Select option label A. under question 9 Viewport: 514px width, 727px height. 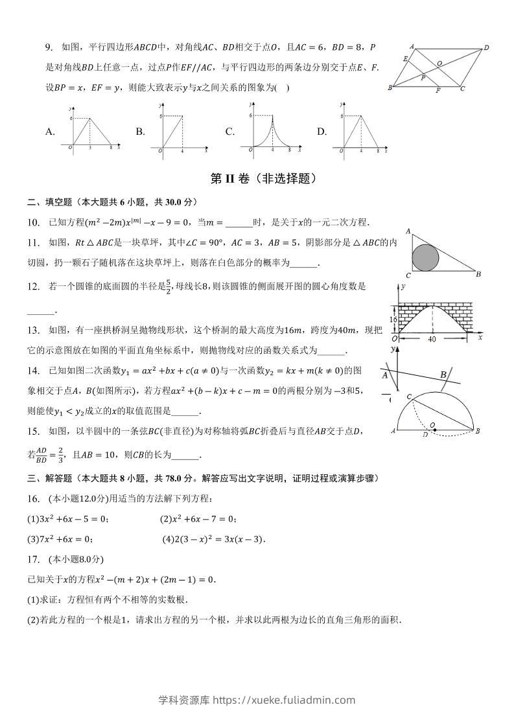point(50,132)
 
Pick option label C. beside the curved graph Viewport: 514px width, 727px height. point(229,132)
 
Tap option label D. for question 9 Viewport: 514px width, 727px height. point(321,132)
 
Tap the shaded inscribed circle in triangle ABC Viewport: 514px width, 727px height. point(425,257)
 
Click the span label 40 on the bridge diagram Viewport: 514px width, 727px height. point(431,338)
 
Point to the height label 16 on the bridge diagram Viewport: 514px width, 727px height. point(393,319)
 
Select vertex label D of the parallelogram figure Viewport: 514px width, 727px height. point(486,47)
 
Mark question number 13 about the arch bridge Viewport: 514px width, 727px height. point(33,331)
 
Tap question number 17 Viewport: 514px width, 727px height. point(33,559)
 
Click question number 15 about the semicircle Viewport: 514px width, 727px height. point(33,431)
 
